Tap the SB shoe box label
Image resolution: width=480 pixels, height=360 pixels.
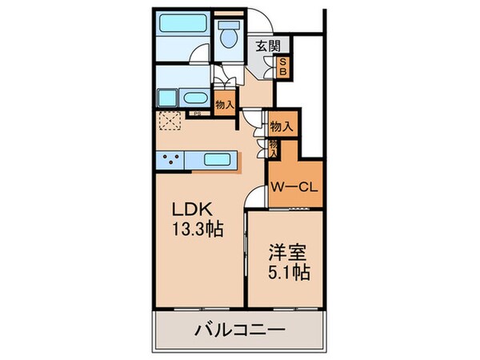[x=282, y=68]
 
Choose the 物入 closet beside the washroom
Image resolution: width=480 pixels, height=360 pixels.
[x=224, y=103]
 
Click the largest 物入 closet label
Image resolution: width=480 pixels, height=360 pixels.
[x=280, y=126]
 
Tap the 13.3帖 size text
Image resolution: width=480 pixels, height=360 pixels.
[x=197, y=229]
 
